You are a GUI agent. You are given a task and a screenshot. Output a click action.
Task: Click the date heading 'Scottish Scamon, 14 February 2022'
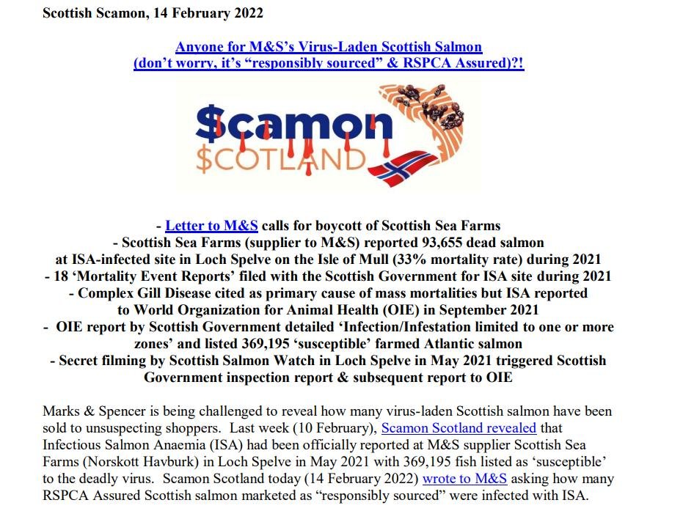point(153,13)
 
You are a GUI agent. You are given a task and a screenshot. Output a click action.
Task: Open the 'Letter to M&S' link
point(211,225)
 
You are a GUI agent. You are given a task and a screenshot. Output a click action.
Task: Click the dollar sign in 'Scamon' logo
point(212,126)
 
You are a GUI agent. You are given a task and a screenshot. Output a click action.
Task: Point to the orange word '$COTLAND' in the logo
point(278,158)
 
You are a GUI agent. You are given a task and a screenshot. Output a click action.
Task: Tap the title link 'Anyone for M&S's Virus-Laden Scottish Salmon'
point(329,47)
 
